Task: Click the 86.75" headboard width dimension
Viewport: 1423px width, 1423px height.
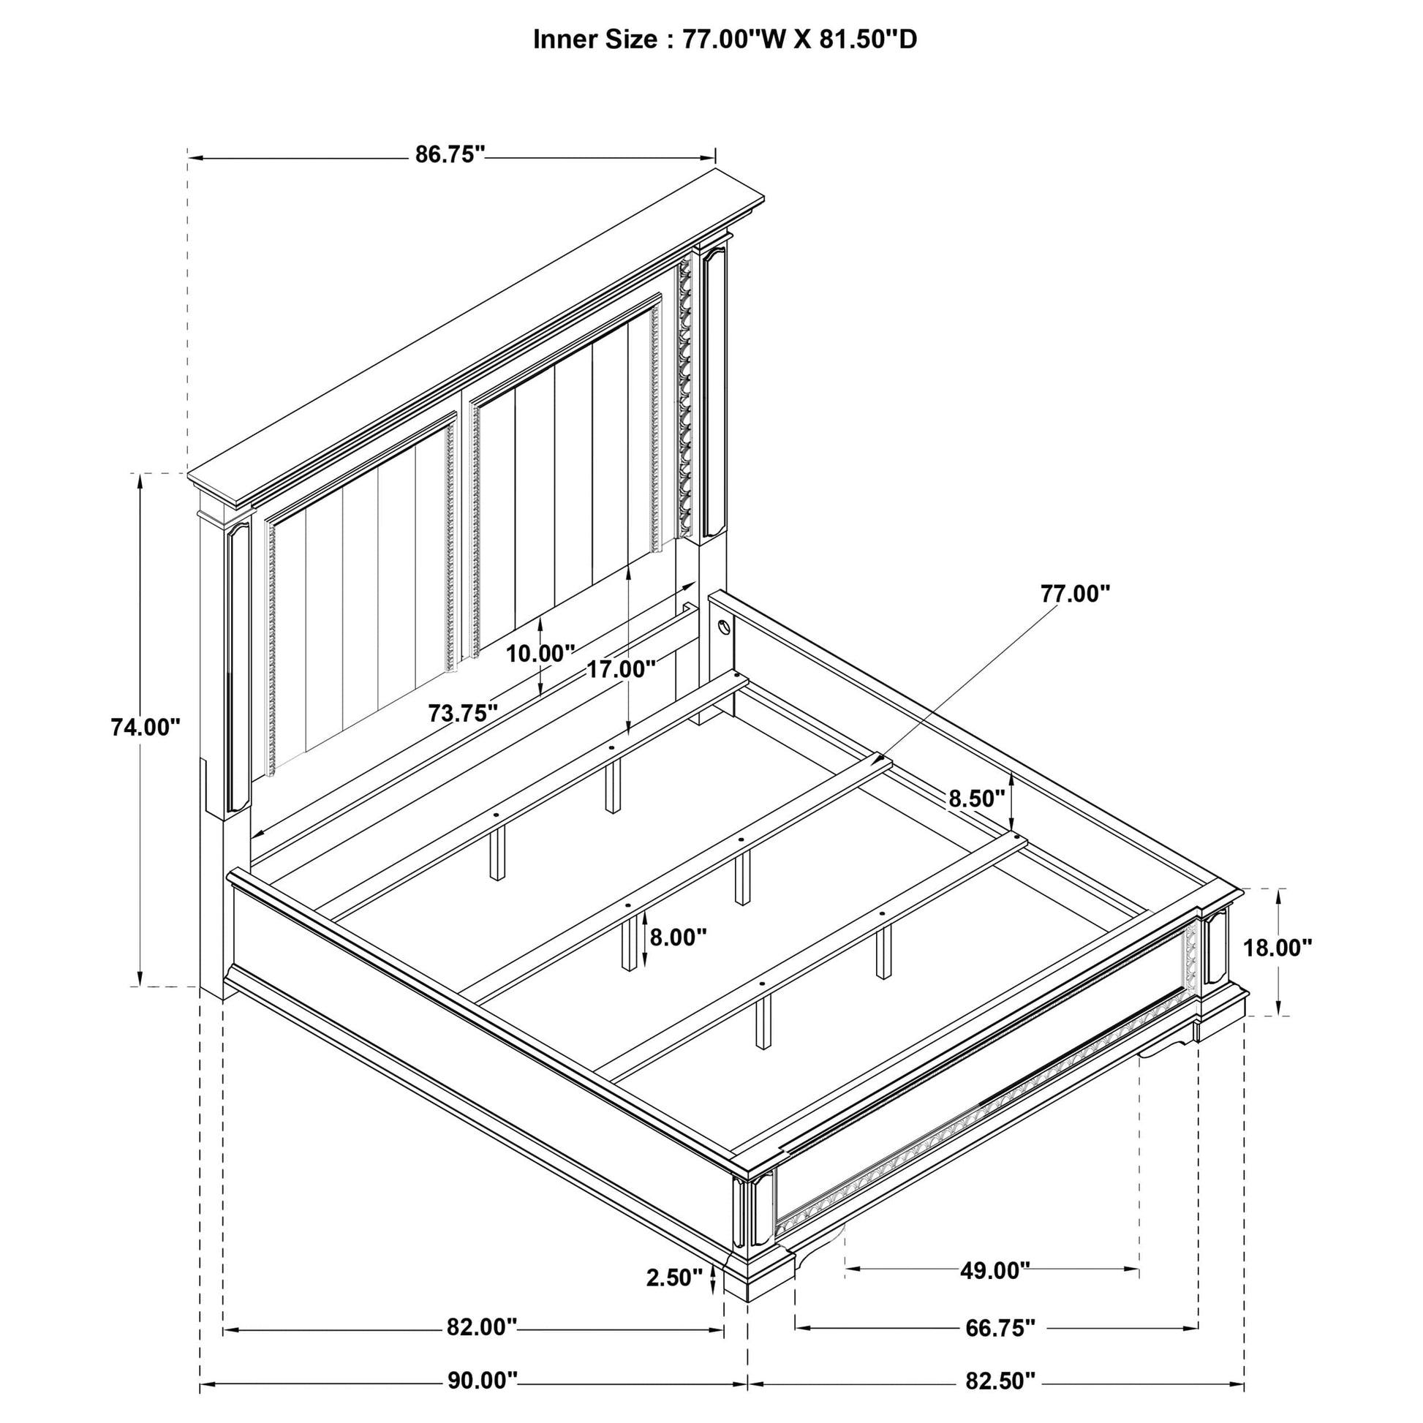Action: (450, 155)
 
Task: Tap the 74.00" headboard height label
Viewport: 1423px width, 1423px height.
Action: (145, 728)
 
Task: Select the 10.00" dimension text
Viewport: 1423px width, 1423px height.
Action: (540, 653)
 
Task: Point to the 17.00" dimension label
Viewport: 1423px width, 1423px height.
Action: (621, 670)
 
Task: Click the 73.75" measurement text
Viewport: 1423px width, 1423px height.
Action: (464, 713)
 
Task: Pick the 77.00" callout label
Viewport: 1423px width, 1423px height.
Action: (1075, 594)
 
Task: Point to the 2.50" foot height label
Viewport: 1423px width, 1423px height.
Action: (675, 1277)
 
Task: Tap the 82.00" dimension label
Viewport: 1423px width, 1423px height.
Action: (483, 1327)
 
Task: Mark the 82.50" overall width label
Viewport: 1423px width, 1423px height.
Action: (1000, 1381)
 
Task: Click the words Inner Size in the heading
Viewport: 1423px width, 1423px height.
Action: (595, 39)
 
